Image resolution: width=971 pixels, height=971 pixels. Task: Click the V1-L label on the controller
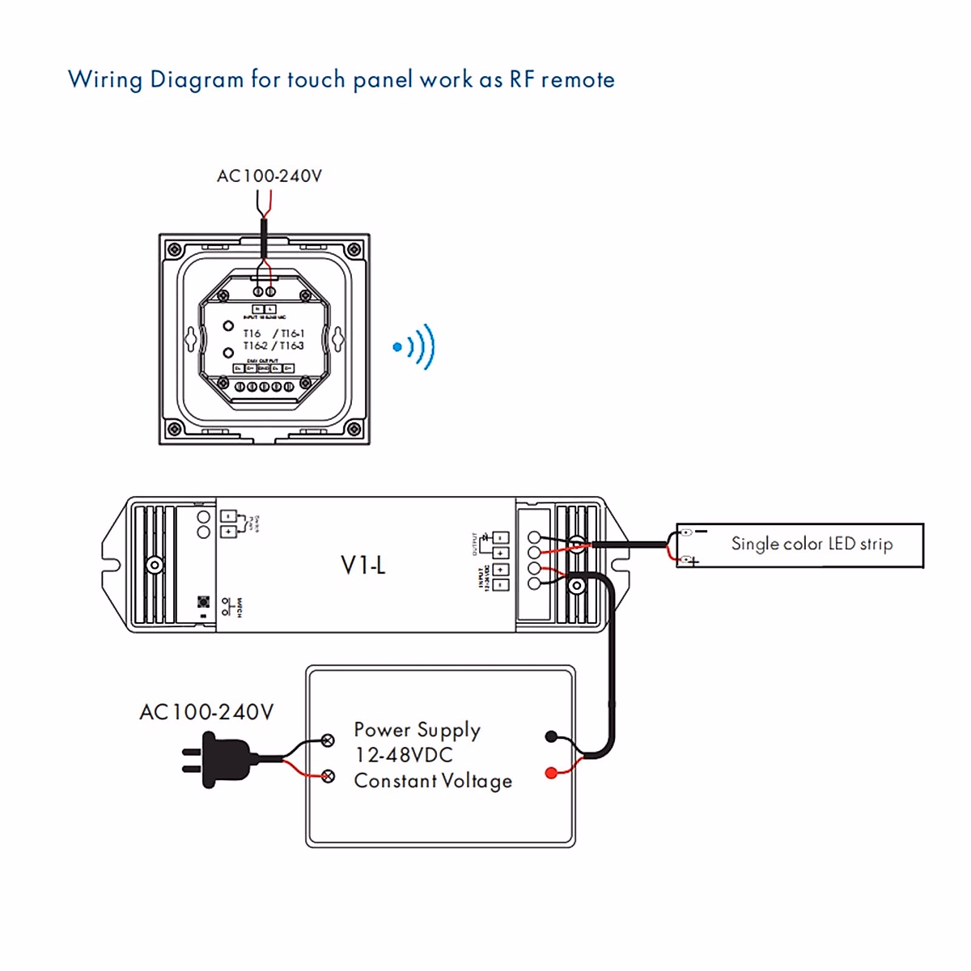click(363, 565)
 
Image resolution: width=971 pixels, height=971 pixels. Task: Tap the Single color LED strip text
click(812, 544)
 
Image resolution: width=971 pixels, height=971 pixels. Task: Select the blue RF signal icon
click(414, 347)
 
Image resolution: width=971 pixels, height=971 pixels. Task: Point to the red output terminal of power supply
click(552, 774)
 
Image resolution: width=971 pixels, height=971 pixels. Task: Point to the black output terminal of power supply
click(552, 736)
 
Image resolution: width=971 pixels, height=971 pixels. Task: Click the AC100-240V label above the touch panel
click(269, 176)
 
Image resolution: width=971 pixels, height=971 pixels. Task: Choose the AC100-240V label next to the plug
click(206, 712)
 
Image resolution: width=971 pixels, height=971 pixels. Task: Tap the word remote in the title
click(578, 80)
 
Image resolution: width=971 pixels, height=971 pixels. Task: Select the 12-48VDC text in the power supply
click(404, 755)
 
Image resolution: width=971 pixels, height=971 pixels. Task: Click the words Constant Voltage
click(433, 781)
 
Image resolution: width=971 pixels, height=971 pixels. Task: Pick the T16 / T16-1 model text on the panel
click(273, 333)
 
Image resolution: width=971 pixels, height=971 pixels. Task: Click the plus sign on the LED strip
click(693, 561)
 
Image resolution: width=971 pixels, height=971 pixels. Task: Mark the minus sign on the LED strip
click(701, 532)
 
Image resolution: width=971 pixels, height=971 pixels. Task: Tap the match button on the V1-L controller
click(204, 602)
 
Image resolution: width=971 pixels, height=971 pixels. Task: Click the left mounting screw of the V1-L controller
click(154, 565)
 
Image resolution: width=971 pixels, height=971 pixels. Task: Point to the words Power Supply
click(417, 730)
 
